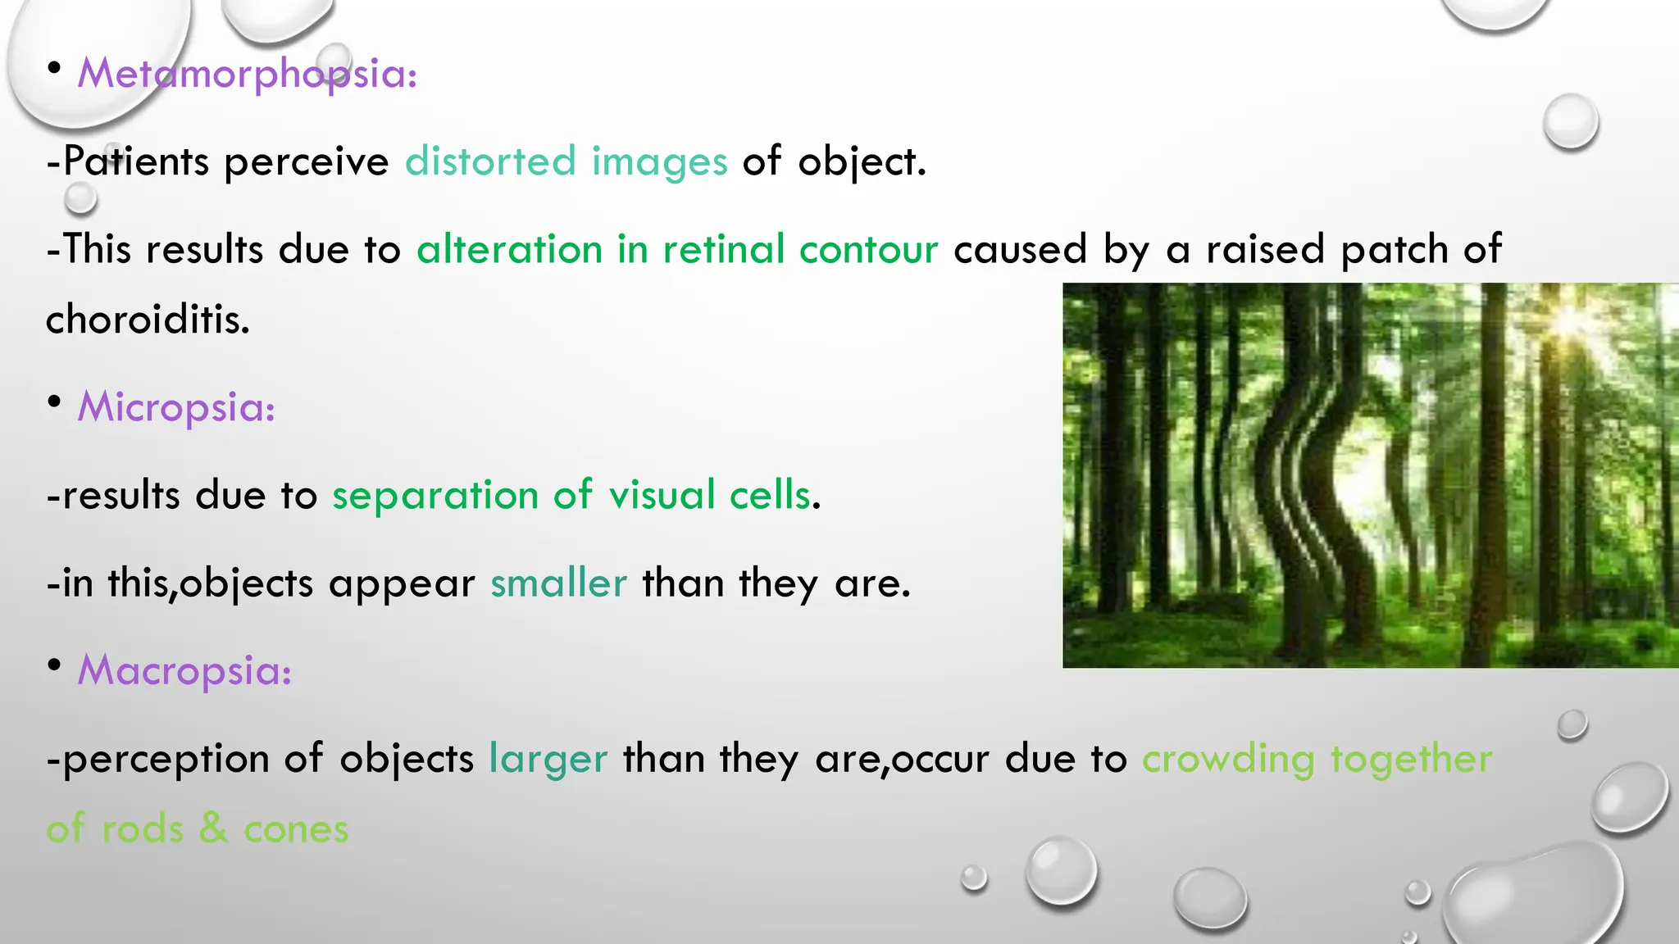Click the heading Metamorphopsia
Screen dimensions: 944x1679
point(247,74)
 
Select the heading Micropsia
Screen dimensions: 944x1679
point(176,407)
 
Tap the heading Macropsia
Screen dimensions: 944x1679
point(184,670)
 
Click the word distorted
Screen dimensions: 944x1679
point(490,161)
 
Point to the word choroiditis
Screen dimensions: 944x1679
point(148,319)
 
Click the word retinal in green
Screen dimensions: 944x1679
point(724,249)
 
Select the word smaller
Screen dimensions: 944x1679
point(558,583)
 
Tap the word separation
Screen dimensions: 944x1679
point(435,495)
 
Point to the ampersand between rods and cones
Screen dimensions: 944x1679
point(213,828)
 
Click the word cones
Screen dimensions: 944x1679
point(296,829)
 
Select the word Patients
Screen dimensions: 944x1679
point(136,161)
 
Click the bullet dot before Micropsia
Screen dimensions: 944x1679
point(54,402)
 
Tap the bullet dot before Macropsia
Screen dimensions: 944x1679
point(54,665)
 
